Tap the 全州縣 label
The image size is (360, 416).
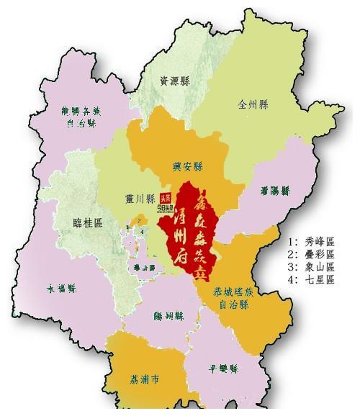pyautogui.click(x=253, y=104)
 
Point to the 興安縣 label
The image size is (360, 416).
pyautogui.click(x=186, y=165)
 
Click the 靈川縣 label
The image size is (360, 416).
pyautogui.click(x=141, y=199)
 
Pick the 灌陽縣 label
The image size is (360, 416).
pyautogui.click(x=275, y=191)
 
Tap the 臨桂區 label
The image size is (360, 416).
pyautogui.click(x=88, y=223)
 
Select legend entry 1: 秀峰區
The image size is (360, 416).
pyautogui.click(x=311, y=241)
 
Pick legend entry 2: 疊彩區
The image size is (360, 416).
pyautogui.click(x=311, y=254)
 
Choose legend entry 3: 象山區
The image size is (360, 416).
pyautogui.click(x=311, y=267)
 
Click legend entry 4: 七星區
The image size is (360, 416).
pyautogui.click(x=311, y=280)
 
